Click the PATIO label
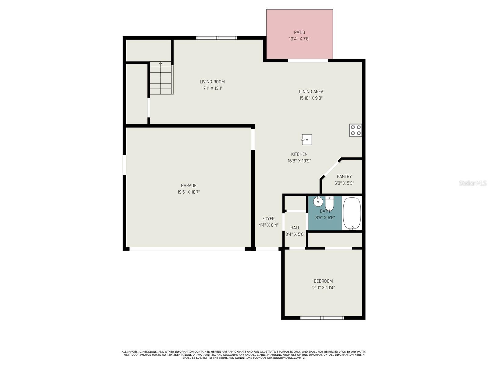tap(299, 32)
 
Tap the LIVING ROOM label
tap(212, 82)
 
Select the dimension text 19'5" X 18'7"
tap(188, 192)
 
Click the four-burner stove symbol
tap(356, 130)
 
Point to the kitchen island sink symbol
tap(307, 140)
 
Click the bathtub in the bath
tap(352, 213)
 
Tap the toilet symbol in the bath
tap(329, 203)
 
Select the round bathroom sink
tap(318, 201)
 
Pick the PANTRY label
tap(344, 177)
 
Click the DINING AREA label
tap(311, 91)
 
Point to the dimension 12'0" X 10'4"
tap(323, 288)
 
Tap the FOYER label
tap(268, 219)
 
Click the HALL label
tap(295, 228)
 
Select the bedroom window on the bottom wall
tap(322, 318)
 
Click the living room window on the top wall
tap(217, 38)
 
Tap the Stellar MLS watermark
tap(473, 183)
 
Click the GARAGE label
tap(188, 185)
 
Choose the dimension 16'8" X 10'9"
tap(299, 161)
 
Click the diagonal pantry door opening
tap(331, 169)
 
